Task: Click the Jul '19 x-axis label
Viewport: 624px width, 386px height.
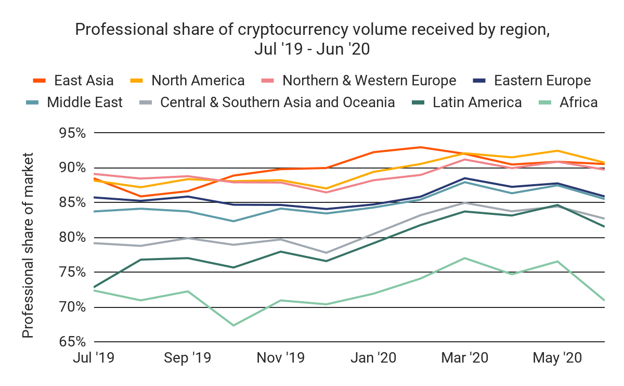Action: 95,358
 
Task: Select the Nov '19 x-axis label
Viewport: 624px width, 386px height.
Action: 281,358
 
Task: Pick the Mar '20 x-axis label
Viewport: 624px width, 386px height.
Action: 465,358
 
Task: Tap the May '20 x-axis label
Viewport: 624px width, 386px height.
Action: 557,358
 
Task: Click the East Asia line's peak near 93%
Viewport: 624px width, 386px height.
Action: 419,147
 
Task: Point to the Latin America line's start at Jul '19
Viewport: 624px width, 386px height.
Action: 94,287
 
